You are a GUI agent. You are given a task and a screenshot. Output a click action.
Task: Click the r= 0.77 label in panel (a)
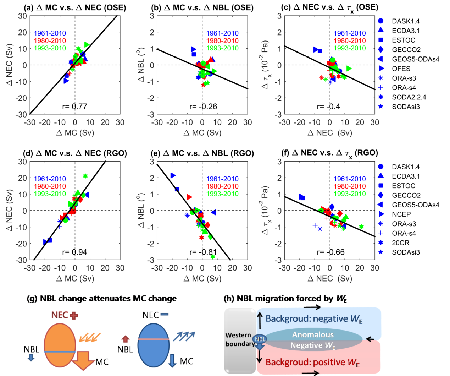tap(74, 106)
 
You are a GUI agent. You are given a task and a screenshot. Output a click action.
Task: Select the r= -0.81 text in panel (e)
tap(203, 252)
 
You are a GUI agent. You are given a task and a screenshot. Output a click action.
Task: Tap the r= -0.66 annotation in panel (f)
tap(330, 252)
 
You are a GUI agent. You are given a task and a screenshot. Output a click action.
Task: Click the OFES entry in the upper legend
tap(401, 69)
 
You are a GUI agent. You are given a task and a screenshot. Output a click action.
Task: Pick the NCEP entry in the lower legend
tap(401, 214)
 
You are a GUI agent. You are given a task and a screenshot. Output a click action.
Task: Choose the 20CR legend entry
tap(400, 243)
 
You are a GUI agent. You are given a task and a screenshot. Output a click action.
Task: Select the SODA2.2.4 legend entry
tap(409, 97)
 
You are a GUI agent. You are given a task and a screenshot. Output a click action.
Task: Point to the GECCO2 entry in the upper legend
tap(406, 50)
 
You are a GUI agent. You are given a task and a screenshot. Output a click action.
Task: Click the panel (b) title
tap(202, 7)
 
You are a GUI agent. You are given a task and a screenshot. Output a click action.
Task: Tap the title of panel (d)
tap(75, 153)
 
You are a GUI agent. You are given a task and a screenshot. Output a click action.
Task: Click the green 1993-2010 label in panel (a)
tap(50, 48)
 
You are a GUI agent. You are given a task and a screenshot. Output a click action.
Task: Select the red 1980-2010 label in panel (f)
tap(350, 186)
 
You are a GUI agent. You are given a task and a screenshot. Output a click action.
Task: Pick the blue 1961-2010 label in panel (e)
tap(222, 179)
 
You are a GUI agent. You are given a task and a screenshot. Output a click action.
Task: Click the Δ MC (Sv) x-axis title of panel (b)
tap(202, 132)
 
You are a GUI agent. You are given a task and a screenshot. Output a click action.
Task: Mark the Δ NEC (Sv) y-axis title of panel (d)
tap(9, 210)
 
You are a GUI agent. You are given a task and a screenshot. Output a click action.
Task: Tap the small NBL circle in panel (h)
tap(260, 339)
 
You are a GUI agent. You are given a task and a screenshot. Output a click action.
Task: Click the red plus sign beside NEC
tap(74, 315)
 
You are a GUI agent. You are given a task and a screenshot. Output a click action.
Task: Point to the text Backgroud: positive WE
tap(312, 362)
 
